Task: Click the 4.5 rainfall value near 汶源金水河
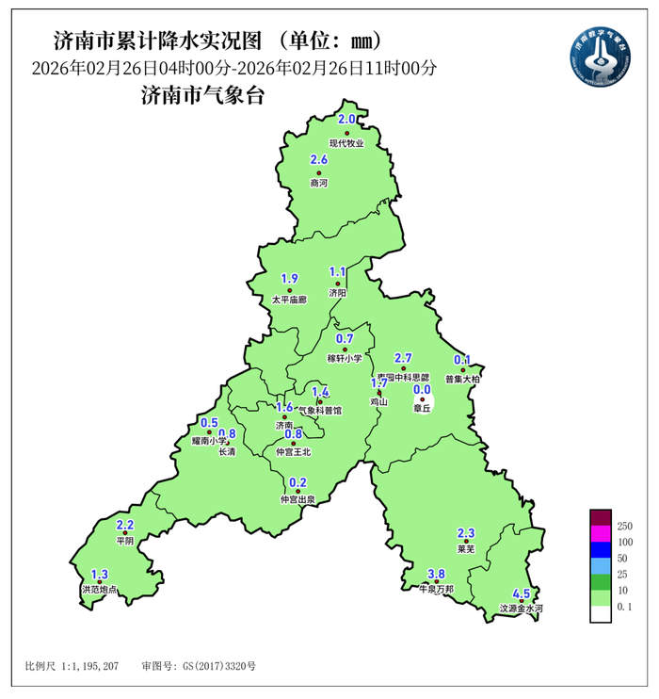521,594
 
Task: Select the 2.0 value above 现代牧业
346,120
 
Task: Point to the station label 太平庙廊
289,300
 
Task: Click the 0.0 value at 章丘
422,389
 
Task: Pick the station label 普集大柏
462,379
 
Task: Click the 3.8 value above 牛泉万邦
436,575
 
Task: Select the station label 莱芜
465,549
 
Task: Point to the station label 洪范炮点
100,590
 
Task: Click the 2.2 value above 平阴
125,525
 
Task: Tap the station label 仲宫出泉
297,499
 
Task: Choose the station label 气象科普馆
320,411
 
